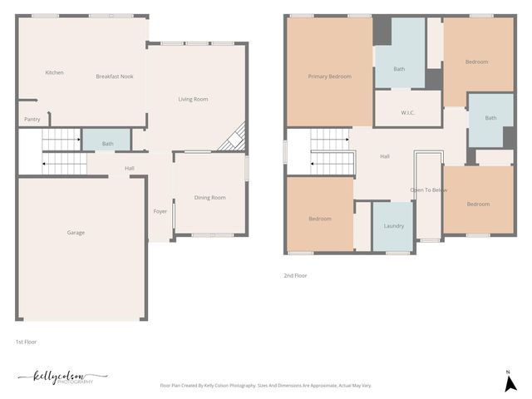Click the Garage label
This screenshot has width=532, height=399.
pos(76,233)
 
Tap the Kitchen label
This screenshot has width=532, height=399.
pos(54,73)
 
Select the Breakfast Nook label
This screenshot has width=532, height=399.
pos(115,76)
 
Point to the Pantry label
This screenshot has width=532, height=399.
pos(32,120)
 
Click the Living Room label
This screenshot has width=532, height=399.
pos(193,100)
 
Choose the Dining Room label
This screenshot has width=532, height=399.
pos(209,198)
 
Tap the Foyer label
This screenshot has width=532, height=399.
pos(160,212)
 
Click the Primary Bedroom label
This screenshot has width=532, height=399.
pos(329,76)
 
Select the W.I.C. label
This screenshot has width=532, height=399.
pos(407,112)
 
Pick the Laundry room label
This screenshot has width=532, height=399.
pos(393,226)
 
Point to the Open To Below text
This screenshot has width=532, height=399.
pos(429,190)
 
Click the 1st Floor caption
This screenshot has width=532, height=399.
pos(26,342)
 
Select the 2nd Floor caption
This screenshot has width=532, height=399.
pos(296,275)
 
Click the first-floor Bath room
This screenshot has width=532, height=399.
pos(107,143)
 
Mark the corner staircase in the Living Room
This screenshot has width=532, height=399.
pos(232,138)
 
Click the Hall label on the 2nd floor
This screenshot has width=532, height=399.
pos(385,156)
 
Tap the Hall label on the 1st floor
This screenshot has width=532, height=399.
pos(130,169)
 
